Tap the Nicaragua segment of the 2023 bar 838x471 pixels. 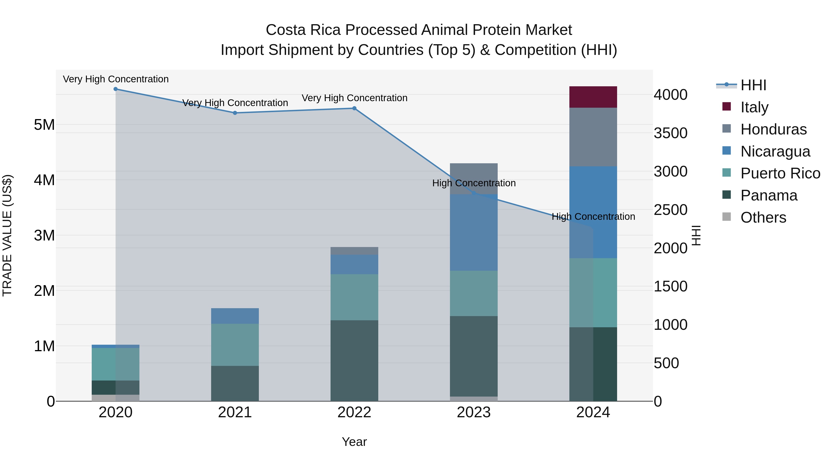(474, 232)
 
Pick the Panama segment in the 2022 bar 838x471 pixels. (354, 361)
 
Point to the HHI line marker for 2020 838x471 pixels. (115, 89)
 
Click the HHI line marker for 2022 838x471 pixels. (354, 108)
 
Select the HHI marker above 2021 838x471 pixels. (235, 113)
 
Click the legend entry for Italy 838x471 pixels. (754, 107)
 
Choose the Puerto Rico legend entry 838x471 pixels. (780, 173)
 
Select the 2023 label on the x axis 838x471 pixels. (474, 412)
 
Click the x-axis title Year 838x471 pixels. (354, 442)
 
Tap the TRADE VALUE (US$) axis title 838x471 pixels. (7, 235)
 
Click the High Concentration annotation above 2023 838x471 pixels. (474, 183)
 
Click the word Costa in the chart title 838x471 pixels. (286, 30)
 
